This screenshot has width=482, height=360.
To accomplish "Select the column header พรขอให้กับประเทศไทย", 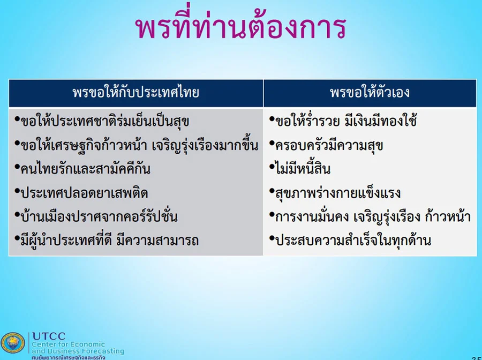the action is click(136, 93).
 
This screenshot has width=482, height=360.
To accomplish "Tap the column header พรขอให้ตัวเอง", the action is click(370, 92).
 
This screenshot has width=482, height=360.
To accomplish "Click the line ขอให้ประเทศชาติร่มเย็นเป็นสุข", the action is click(104, 121).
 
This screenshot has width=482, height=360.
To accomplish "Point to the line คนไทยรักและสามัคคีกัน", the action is click(85, 168).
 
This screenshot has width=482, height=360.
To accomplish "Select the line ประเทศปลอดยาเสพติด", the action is click(84, 193).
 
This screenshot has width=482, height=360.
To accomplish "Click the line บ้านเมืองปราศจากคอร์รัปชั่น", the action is click(99, 216).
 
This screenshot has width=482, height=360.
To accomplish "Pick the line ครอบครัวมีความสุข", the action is click(329, 145).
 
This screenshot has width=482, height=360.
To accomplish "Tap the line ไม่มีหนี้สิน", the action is click(303, 168).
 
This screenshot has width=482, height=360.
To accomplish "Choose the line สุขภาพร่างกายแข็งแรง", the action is click(338, 193).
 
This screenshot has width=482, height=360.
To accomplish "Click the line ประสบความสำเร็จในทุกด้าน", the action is click(353, 240).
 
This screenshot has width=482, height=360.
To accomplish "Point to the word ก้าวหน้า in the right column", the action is click(448, 216).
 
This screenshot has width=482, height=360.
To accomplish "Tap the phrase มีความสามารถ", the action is click(157, 240).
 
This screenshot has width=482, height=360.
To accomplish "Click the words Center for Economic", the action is click(68, 344).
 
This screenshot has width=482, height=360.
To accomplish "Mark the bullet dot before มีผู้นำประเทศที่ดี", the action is click(17, 237).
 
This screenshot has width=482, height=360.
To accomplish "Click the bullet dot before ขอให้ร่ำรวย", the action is click(272, 118).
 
